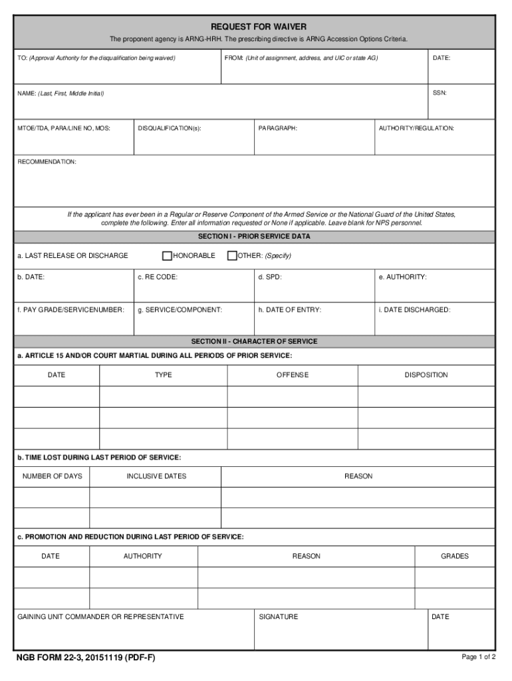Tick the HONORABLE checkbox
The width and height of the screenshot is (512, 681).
167,255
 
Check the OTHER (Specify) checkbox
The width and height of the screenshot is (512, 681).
232,255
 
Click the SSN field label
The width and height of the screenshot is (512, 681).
440,93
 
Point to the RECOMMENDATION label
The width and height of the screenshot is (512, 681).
47,162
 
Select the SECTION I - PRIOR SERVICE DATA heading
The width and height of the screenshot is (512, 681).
254,236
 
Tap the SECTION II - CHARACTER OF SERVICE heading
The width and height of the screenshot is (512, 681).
254,341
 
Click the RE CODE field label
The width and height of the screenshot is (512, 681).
158,277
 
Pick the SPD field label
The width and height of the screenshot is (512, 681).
270,277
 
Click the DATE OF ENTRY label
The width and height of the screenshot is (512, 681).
290,310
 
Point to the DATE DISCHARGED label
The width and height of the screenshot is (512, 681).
414,310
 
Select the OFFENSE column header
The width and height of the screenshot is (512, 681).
293,375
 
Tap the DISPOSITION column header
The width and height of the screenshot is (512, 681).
426,375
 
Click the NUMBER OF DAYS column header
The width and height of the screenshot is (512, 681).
53,476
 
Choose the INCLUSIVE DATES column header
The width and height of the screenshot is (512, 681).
156,476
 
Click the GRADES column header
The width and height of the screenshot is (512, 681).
455,556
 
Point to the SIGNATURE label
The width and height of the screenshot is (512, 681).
279,617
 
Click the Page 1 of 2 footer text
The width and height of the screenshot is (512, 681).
479,657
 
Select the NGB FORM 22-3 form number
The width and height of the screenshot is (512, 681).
86,658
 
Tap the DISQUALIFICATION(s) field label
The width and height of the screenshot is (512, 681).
170,128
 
